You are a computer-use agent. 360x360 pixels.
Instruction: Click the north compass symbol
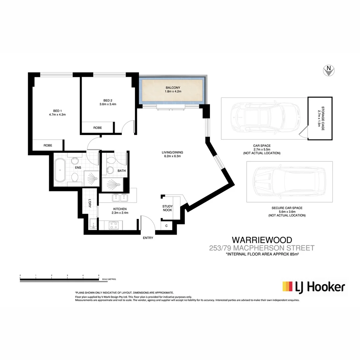[329, 70]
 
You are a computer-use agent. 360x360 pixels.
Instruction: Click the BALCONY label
[173, 88]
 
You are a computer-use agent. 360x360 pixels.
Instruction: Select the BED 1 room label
[57, 111]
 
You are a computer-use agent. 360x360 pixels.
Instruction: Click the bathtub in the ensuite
[60, 170]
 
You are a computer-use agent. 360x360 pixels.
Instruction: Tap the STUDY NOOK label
[167, 208]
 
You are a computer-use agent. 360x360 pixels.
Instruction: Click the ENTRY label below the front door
[148, 238]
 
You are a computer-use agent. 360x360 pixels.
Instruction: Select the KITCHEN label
[119, 209]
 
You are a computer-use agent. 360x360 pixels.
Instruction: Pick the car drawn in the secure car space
[289, 182]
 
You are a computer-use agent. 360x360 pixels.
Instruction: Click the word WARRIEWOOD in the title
[262, 240]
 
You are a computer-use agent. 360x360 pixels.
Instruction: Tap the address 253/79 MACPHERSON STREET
[262, 248]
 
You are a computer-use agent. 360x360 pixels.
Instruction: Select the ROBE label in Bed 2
[97, 128]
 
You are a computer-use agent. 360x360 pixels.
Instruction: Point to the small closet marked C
[166, 226]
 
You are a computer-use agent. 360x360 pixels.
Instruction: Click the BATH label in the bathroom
[122, 171]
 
